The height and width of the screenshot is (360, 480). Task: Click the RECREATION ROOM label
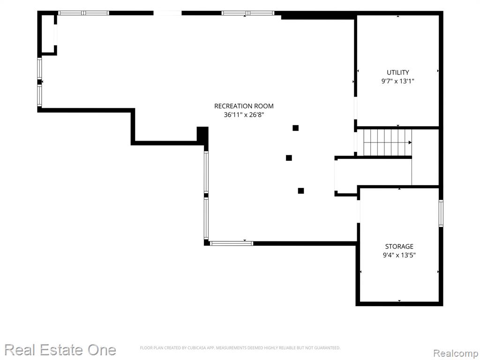pos(244,106)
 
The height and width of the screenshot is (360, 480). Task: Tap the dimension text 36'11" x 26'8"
pos(244,115)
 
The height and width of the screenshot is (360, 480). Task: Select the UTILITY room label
pos(397,72)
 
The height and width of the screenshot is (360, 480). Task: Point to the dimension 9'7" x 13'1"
pos(397,81)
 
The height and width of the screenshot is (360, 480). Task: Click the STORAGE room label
pos(399,246)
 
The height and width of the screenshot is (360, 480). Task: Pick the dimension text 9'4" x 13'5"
pos(399,255)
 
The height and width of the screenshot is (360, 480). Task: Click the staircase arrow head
pos(410,142)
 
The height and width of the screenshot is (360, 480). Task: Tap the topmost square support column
pos(295,128)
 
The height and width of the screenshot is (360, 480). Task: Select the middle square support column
pos(289,157)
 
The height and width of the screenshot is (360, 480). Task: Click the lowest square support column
pos(301,191)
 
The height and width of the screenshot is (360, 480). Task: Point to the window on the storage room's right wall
pos(441,213)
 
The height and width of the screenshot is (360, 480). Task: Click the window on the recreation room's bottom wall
pos(232,243)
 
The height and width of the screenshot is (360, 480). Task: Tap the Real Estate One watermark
pos(60,350)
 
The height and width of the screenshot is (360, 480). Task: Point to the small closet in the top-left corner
pos(48,34)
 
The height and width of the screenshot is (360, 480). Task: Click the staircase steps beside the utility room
pos(384,142)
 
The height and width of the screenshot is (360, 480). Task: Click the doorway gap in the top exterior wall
pos(167,13)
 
